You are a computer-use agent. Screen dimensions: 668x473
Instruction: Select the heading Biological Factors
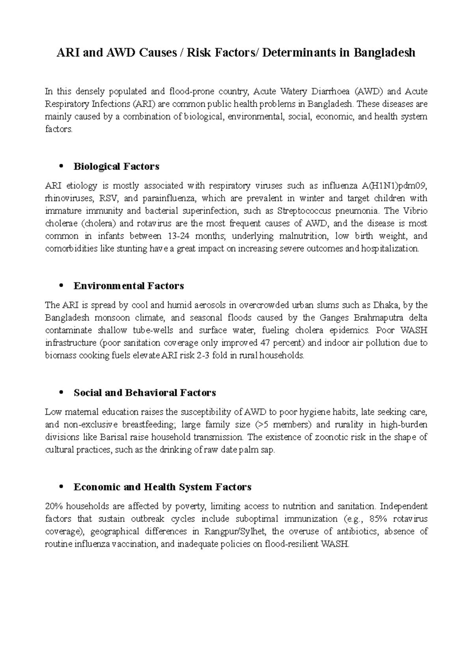(x=116, y=167)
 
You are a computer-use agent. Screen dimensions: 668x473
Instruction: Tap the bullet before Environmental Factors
(x=60, y=286)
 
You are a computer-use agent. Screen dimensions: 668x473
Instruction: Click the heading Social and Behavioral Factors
(x=145, y=393)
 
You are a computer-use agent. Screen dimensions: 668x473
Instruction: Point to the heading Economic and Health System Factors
(x=162, y=487)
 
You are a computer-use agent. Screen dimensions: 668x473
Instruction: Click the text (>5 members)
(x=283, y=425)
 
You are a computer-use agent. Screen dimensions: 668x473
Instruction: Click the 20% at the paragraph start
(x=53, y=506)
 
